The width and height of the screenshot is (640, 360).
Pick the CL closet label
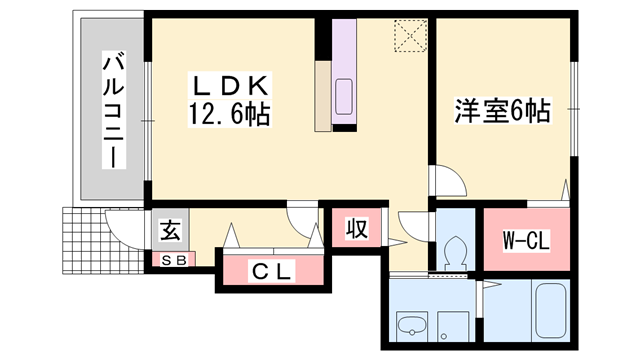pyautogui.click(x=272, y=270)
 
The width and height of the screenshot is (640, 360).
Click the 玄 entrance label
pyautogui.click(x=171, y=232)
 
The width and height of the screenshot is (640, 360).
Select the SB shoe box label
pyautogui.click(x=172, y=261)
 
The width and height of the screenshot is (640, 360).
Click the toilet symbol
pyautogui.click(x=455, y=251)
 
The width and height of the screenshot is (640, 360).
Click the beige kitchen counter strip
pyautogui.click(x=323, y=95)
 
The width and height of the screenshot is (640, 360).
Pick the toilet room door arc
pyautogui.click(x=414, y=226)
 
